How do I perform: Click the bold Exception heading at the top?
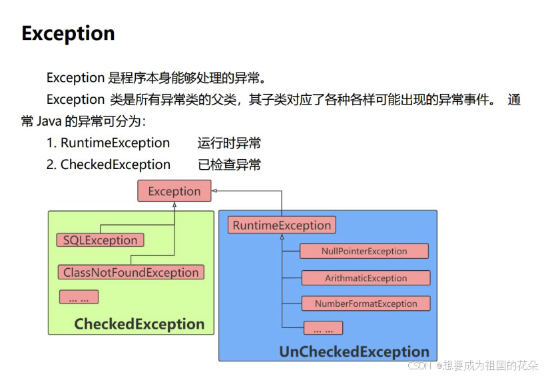tap(68, 33)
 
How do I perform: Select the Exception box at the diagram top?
tap(174, 191)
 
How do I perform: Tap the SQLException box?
tap(100, 240)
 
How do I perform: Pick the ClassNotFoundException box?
tap(131, 272)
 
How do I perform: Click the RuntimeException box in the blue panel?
tap(282, 225)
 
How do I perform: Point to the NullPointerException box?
tap(364, 251)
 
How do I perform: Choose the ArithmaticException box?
tap(366, 278)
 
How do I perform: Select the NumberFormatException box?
tap(366, 303)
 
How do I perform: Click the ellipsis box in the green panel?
tap(79, 297)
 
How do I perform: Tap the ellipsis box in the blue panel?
tap(323, 328)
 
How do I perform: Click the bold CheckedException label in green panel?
tap(139, 325)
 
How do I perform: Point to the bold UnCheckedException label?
tap(354, 352)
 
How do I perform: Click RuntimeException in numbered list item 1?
tap(115, 143)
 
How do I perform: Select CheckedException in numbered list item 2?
tap(115, 164)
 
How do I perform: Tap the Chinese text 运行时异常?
tap(229, 143)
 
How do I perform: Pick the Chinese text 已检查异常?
tap(229, 164)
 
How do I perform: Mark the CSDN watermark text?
tap(420, 365)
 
